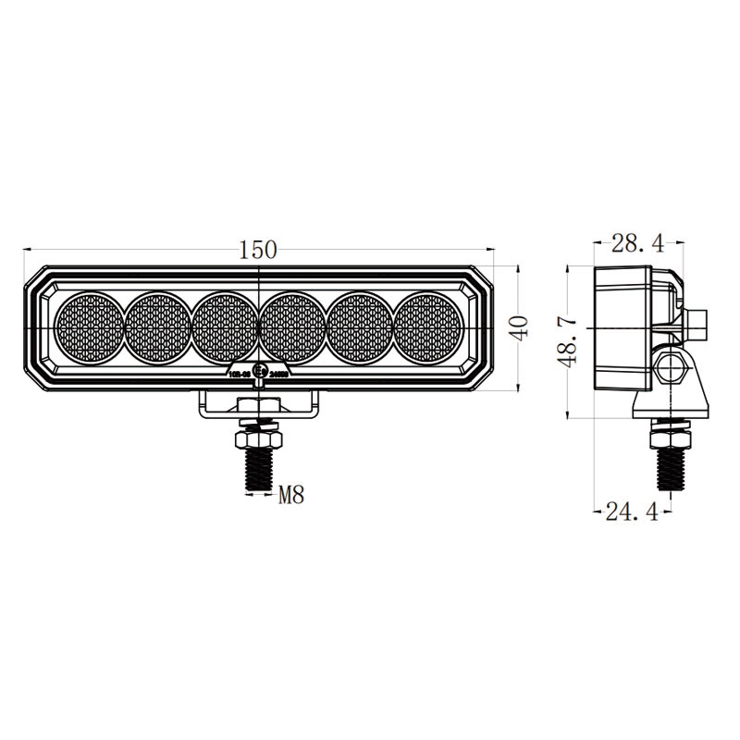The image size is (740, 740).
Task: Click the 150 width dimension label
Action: [x=258, y=249]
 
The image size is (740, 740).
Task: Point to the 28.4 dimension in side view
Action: [x=638, y=243]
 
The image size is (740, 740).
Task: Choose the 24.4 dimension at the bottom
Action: [x=632, y=510]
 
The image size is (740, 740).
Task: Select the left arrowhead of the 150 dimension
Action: [x=28, y=249]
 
